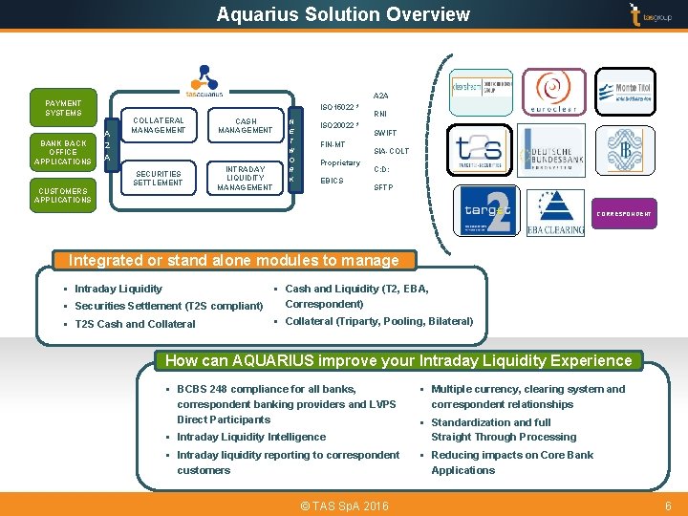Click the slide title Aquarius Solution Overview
[x=343, y=14]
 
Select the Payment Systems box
[x=63, y=108]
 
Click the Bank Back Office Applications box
[x=63, y=151]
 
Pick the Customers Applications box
[x=63, y=195]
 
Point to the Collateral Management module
[x=158, y=125]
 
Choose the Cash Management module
[x=245, y=125]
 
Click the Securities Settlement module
[x=158, y=178]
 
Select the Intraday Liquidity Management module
[x=245, y=178]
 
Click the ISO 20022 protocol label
[x=340, y=125]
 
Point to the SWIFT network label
[x=385, y=134]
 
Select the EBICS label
[x=333, y=181]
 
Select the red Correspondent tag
[x=624, y=214]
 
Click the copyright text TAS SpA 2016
[x=343, y=505]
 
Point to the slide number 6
[x=668, y=505]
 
